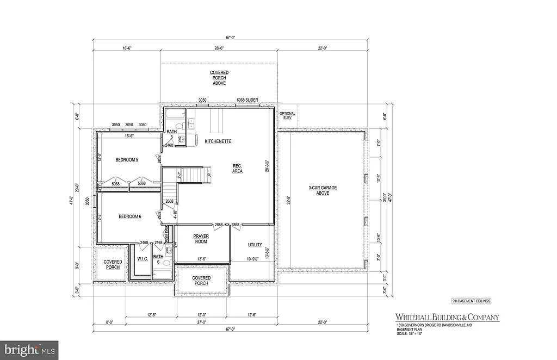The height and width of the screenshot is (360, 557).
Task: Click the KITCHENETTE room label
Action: [x=218, y=141]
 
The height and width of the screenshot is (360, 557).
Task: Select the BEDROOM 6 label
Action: [x=130, y=216]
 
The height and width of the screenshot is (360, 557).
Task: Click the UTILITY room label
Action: [x=255, y=245]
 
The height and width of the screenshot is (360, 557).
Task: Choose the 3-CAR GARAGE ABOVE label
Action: [x=323, y=190]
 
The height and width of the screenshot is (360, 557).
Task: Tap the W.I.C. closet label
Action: [x=143, y=258]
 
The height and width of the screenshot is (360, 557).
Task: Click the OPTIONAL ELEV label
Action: [x=287, y=116]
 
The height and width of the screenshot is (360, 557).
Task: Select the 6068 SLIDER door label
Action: [x=247, y=100]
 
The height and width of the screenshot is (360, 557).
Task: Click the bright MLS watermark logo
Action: [x=29, y=348]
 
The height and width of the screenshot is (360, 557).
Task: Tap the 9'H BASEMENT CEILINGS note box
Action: [x=471, y=300]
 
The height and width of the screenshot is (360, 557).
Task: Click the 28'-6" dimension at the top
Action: [x=220, y=48]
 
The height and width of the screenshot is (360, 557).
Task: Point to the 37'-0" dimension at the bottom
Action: [x=201, y=322]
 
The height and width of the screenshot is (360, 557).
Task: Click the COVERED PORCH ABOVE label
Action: [x=219, y=78]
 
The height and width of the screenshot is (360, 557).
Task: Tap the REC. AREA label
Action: [x=237, y=168]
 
